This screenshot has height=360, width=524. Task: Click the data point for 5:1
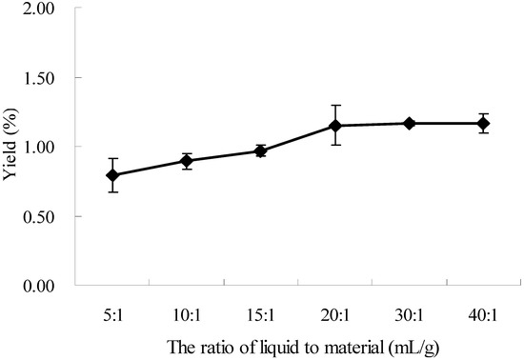click(x=113, y=175)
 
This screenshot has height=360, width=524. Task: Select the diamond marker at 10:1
click(x=187, y=161)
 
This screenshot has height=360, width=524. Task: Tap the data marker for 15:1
click(x=261, y=150)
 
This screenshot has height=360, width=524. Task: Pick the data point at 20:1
click(x=335, y=126)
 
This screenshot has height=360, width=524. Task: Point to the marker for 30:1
click(x=410, y=123)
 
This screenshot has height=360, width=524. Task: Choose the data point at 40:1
click(x=483, y=123)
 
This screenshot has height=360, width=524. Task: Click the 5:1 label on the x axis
click(x=113, y=310)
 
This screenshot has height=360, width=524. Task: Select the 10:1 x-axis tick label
click(x=187, y=310)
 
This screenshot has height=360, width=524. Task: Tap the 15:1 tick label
click(x=261, y=310)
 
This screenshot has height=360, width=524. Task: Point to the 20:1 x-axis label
click(x=335, y=310)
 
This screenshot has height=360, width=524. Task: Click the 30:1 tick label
click(x=410, y=310)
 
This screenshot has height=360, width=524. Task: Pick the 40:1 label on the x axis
click(x=483, y=310)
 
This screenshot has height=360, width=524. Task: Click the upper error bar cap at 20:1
click(x=335, y=105)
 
